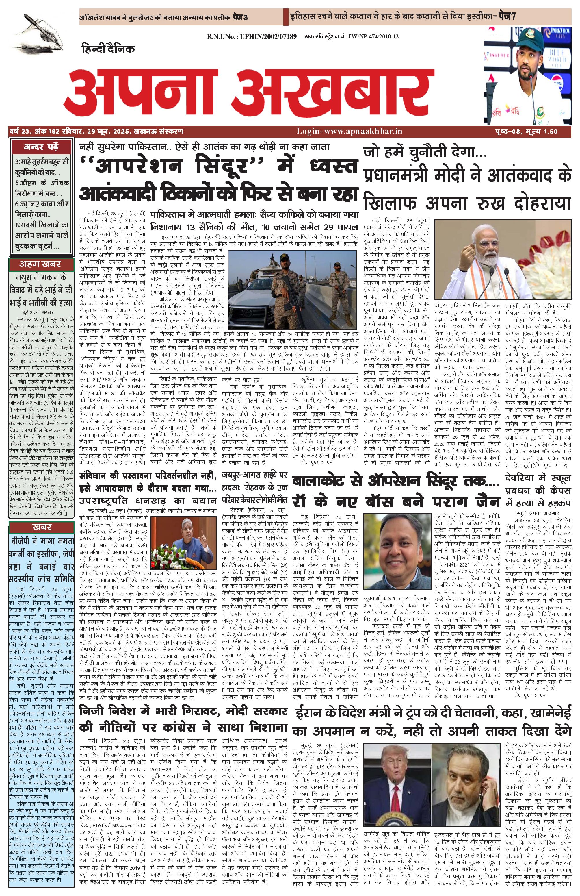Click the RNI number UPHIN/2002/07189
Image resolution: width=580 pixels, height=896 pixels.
pyautogui.click(x=252, y=36)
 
